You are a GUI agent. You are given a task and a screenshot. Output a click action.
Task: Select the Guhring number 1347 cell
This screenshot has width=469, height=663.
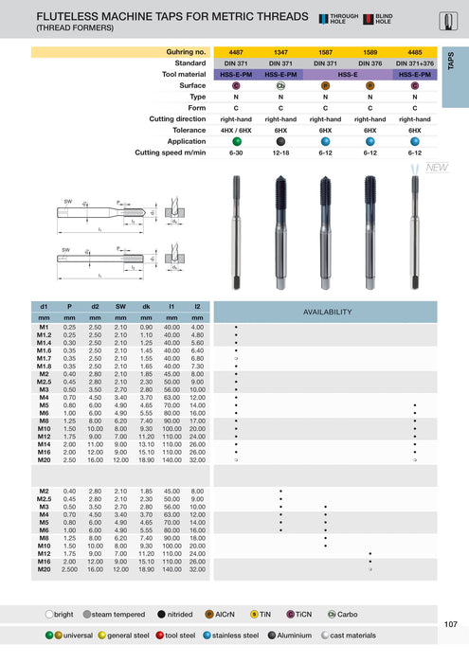pos(281,51)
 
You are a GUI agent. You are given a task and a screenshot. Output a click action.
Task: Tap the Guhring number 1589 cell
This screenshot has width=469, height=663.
pos(370,51)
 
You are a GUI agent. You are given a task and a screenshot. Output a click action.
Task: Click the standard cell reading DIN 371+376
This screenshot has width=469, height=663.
pos(414,63)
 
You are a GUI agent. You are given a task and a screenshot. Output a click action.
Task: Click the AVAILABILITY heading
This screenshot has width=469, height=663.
pos(327,312)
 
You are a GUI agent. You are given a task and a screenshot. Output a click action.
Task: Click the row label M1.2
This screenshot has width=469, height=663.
pos(44,335)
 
